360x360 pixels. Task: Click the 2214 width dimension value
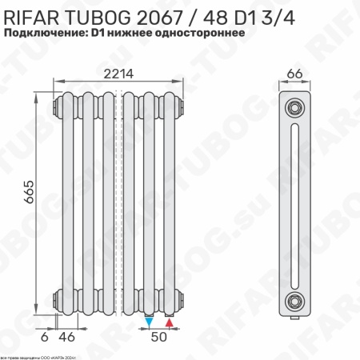(x=118, y=74)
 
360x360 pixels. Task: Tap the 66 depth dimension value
(x=294, y=74)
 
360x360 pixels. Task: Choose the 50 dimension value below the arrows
(x=160, y=338)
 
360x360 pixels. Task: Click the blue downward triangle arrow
(x=150, y=322)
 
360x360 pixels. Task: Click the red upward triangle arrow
(x=169, y=322)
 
